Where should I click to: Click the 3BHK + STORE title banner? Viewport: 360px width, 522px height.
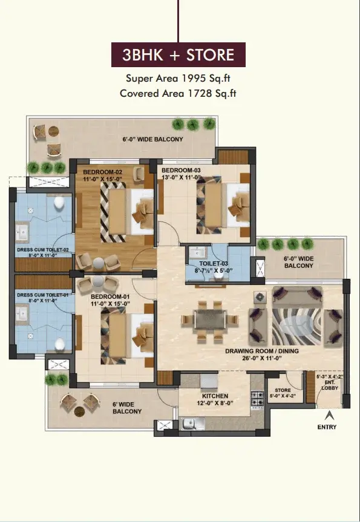click(178, 54)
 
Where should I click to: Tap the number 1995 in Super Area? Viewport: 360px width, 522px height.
click(194, 78)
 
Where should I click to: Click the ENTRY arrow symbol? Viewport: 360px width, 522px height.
click(329, 415)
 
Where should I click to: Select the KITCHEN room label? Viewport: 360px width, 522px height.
click(215, 396)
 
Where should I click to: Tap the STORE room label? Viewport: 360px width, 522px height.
click(283, 390)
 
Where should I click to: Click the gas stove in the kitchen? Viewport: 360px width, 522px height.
click(257, 399)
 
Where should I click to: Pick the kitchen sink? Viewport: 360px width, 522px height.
click(193, 423)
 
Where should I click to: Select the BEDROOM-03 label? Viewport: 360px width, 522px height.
click(181, 170)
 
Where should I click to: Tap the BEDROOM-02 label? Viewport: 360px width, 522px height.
click(103, 172)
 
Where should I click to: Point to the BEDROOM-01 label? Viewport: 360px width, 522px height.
click(110, 296)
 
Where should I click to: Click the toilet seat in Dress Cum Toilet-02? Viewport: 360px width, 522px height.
click(59, 203)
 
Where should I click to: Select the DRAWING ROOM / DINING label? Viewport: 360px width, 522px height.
click(262, 351)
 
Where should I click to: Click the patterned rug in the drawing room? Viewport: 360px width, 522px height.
click(296, 327)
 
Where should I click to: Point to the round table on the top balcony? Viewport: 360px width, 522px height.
click(54, 131)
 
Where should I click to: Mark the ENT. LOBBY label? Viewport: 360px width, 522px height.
click(330, 385)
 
